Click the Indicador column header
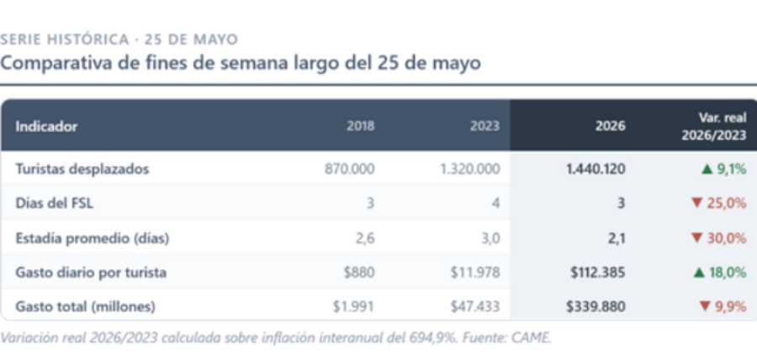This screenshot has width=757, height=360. tap(46, 126)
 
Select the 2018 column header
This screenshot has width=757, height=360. tap(360, 126)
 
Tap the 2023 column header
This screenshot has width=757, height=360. tap(484, 126)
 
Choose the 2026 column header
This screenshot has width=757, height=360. tap(611, 126)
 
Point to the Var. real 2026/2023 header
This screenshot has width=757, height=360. tap(714, 126)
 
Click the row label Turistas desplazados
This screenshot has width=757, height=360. tap(82, 169)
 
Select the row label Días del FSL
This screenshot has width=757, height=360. tap(54, 204)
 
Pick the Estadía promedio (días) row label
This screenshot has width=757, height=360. tap(93, 238)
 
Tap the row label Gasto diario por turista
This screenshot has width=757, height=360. tap(91, 273)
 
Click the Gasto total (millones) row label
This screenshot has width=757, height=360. tap(85, 307)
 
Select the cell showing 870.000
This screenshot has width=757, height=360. tap(350, 169)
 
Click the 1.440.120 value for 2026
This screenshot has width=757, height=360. tap(596, 169)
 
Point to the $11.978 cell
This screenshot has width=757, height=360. tap(475, 273)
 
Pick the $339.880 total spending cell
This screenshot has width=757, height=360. tap(596, 307)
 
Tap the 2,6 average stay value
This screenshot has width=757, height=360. tap(366, 238)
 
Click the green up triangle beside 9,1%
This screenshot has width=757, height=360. tap(707, 169)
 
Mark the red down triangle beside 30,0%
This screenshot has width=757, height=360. tap(696, 238)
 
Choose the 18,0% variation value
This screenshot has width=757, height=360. tap(728, 273)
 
